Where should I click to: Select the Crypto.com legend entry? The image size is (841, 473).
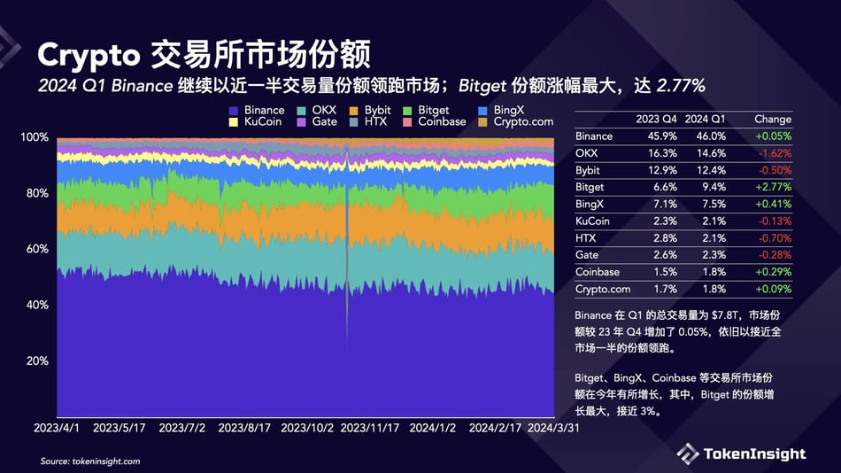523,121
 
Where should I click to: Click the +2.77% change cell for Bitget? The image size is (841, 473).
773,187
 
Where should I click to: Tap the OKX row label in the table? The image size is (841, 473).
585,153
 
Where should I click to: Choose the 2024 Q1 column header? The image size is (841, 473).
706,119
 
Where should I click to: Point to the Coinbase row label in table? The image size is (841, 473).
597,272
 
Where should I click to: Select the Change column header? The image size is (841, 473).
773,119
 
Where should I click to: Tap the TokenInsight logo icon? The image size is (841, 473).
688,454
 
